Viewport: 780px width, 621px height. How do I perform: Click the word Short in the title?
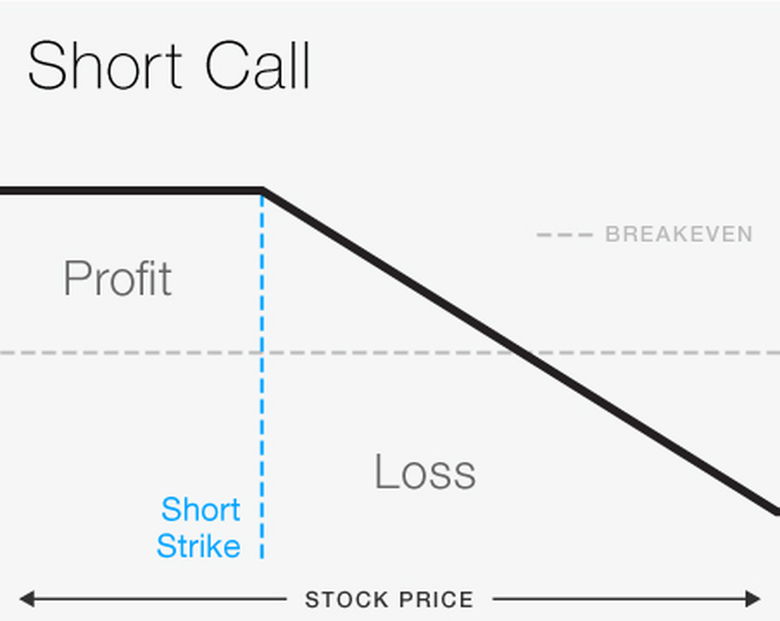coord(105,66)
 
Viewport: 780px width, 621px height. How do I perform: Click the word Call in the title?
coord(257,66)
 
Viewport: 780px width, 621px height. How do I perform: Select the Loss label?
coord(425,472)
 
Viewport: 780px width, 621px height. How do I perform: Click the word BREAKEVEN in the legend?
coord(679,234)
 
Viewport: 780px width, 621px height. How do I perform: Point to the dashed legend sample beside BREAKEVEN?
coord(564,234)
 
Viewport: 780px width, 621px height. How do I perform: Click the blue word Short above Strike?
coord(201,509)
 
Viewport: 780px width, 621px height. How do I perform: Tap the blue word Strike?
coord(198,546)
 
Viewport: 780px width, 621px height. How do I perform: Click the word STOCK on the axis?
coord(347,600)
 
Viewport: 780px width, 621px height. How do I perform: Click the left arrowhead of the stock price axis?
coord(26,599)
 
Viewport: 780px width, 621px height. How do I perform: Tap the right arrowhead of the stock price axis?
coord(753,599)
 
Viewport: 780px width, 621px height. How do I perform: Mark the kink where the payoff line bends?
coord(262,191)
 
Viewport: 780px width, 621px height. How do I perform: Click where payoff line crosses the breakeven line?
coord(523,353)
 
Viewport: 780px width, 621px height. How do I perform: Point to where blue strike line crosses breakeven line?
coord(262,353)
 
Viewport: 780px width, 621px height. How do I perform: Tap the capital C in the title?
coord(226,66)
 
